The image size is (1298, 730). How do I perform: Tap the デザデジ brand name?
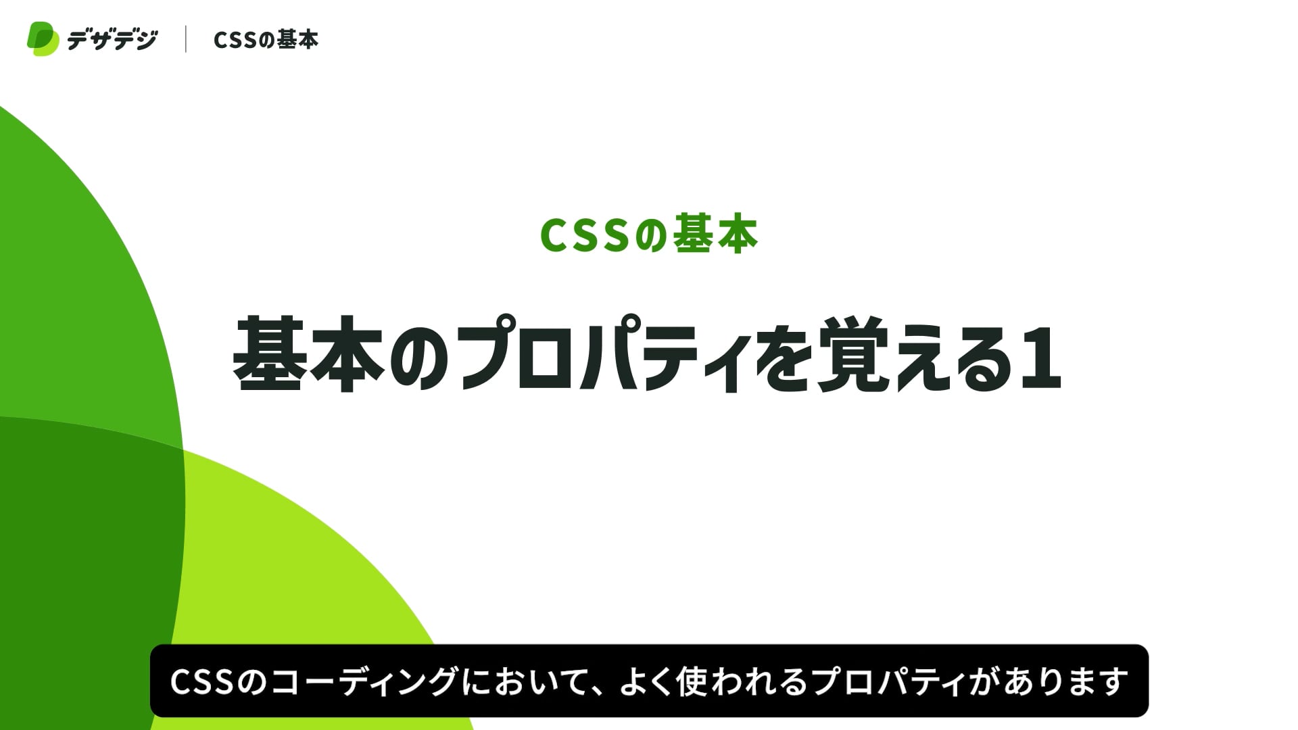112,40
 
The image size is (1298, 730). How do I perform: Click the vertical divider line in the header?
186,39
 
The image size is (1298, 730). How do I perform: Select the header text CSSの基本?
266,40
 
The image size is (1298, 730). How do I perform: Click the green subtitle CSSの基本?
649,235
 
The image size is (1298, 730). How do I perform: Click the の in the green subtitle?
650,236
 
